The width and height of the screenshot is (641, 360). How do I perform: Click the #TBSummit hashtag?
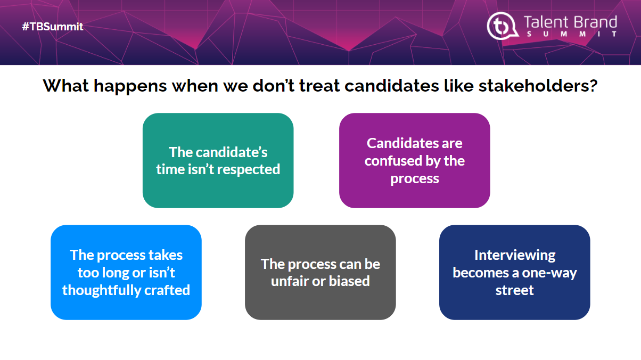pos(53,27)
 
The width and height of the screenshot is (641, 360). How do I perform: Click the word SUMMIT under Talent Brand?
pos(571,34)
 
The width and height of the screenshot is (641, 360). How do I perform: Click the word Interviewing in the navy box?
pos(515,255)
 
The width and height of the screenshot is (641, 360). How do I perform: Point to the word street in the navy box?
pos(515,290)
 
